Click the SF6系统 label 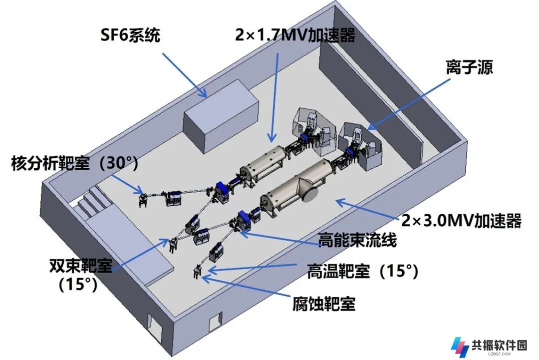pos(130,35)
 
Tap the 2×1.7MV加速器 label pos(295,35)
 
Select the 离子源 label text pos(469,67)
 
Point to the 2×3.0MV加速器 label pos(462,220)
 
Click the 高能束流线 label pos(357,240)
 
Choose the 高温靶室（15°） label pos(363,271)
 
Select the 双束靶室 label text pos(81,265)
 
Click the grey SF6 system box pos(221,116)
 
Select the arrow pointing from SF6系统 pos(185,75)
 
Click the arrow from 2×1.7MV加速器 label pos(274,97)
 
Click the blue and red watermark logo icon pos(460,347)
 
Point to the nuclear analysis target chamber pos(143,199)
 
